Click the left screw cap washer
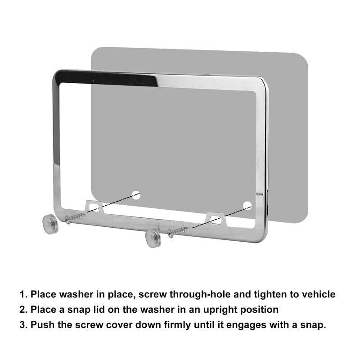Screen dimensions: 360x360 pos(50,224)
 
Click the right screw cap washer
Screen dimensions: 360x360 pos(153,238)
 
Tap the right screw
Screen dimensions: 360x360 pos(178,232)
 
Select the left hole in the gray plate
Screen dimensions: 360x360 pos(136,195)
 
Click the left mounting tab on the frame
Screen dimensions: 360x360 pos(94,206)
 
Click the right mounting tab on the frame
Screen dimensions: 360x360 pos(216,219)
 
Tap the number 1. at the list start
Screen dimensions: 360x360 pos(23,294)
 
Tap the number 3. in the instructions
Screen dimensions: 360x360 pos(23,325)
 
